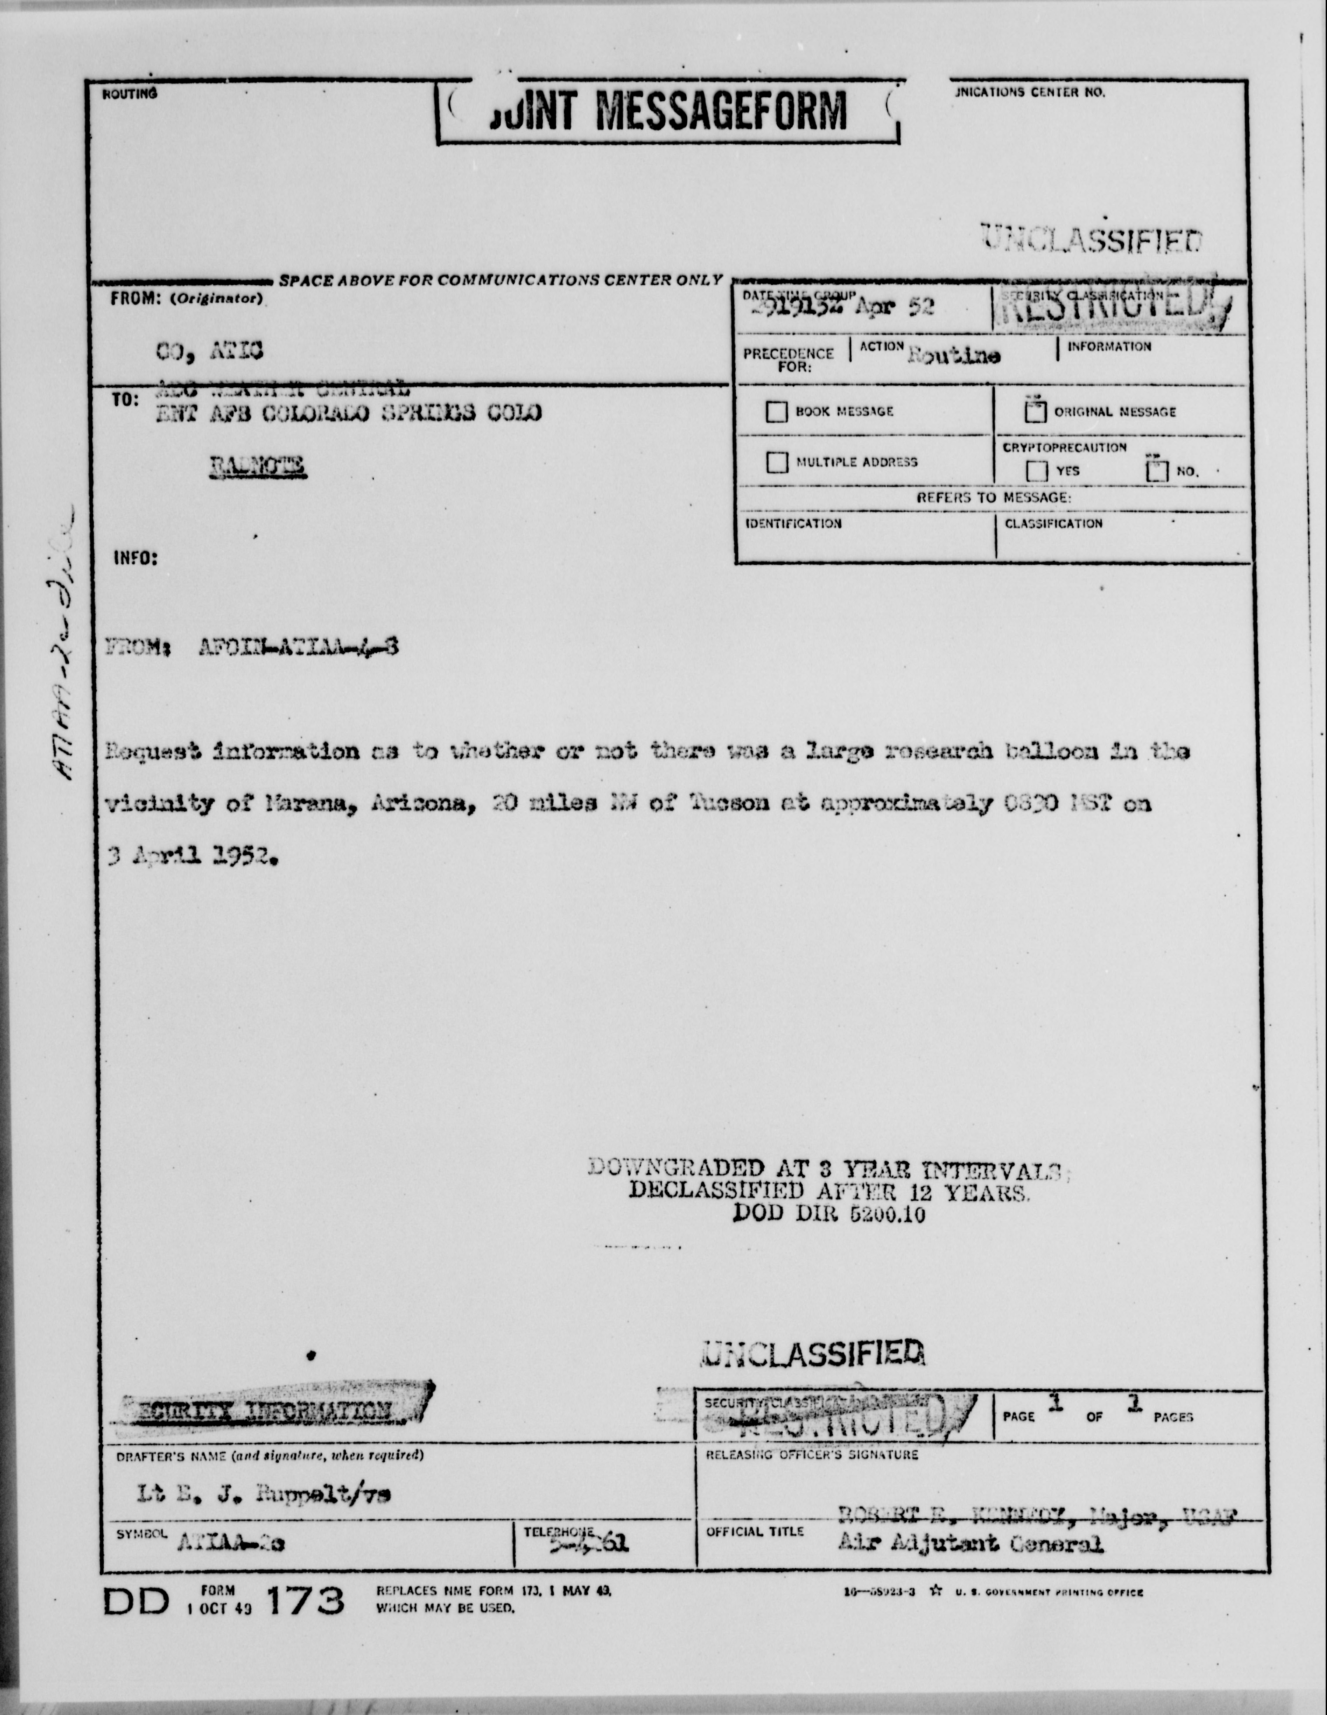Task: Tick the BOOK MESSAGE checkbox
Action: [776, 411]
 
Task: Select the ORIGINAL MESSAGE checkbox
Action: [1036, 411]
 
